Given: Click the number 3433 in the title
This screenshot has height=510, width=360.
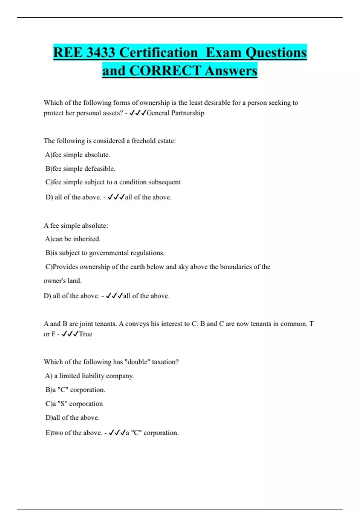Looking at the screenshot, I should coord(100,53).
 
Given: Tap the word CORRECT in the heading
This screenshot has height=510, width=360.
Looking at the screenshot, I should coord(165,71).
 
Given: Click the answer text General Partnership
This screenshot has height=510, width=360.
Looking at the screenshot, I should coord(175,113).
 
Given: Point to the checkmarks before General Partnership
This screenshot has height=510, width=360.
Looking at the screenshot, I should coord(138,113).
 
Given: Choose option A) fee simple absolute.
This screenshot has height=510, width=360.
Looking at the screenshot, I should coord(78,155).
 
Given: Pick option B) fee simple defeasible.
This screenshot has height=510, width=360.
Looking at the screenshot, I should coord(80,169).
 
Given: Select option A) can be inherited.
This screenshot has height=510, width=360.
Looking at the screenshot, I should coord(73,239).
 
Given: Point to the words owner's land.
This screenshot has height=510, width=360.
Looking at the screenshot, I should coord(62,281).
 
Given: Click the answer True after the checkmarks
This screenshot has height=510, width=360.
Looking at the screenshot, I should coord(85,334).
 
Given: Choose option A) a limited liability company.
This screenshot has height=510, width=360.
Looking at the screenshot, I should coord(89,376).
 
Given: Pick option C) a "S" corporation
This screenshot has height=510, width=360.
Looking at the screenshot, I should coord(74,404).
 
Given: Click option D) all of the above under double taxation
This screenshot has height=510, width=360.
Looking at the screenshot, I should coord(72,418).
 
